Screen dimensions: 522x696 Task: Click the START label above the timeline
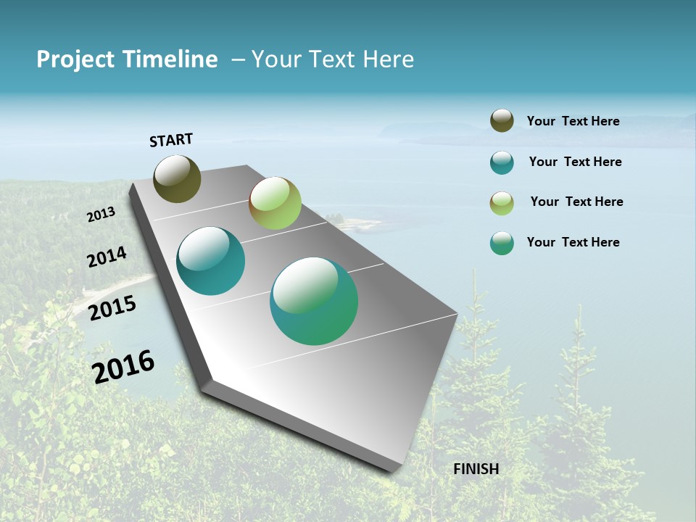click(x=171, y=140)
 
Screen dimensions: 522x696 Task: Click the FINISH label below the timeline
click(x=476, y=469)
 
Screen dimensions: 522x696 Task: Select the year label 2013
click(x=101, y=215)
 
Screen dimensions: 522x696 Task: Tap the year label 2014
click(x=107, y=257)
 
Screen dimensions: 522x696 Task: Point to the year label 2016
click(x=123, y=366)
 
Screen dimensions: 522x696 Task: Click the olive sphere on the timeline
click(x=177, y=178)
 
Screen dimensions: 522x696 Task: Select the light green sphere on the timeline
click(x=275, y=203)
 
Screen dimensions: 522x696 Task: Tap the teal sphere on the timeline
click(x=210, y=261)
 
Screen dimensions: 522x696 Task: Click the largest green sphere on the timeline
click(x=314, y=301)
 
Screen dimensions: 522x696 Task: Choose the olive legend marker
click(x=502, y=121)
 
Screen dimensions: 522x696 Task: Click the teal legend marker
click(x=502, y=162)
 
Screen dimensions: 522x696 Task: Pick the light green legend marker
click(x=502, y=203)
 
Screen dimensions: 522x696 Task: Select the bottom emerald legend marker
click(x=502, y=243)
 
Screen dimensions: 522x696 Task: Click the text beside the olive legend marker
click(x=573, y=121)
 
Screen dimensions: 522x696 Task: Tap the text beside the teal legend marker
click(x=575, y=162)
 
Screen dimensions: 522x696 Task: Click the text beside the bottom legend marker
click(x=573, y=242)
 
